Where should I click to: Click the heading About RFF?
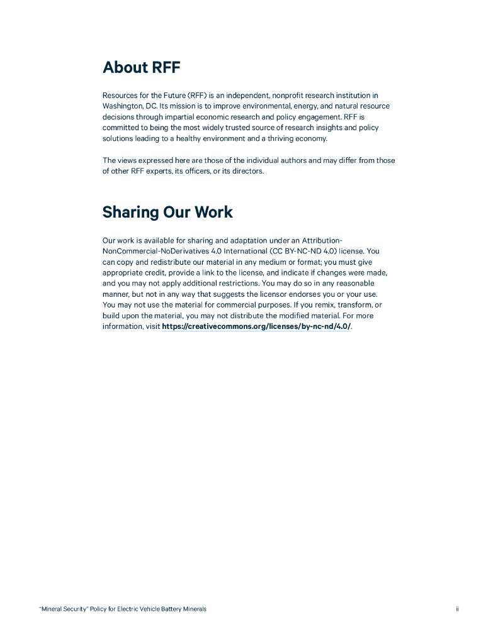pos(142,67)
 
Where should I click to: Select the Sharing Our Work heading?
pos(167,212)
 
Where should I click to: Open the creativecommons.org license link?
pos(256,327)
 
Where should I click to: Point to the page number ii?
pos(458,609)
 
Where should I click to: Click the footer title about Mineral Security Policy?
pos(123,609)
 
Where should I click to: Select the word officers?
pos(196,171)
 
